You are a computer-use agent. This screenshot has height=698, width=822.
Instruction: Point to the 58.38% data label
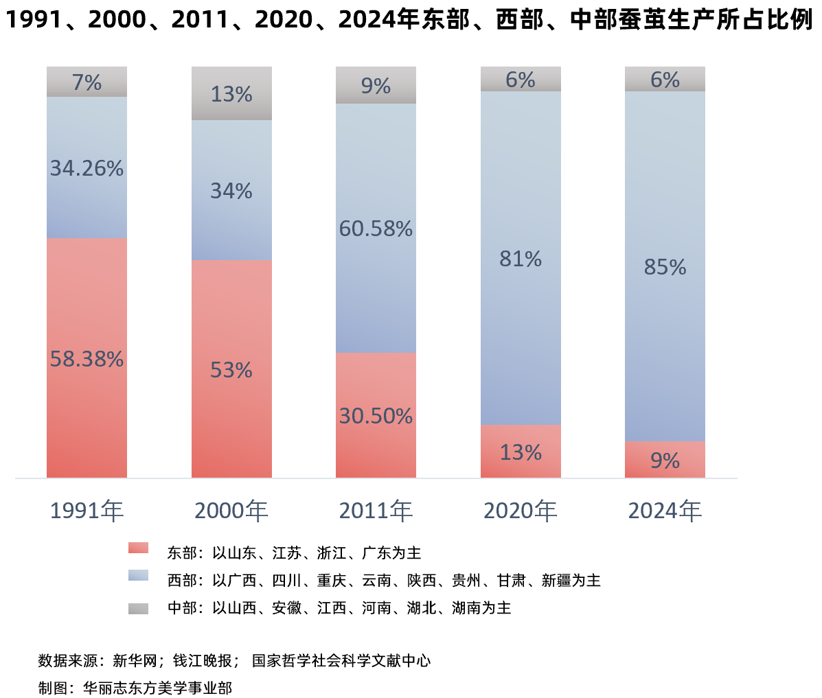point(87,359)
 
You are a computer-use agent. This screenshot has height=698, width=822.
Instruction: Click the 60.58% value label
point(376,229)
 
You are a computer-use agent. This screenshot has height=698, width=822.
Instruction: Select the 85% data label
point(665,268)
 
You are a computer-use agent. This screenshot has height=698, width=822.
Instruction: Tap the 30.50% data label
point(376,417)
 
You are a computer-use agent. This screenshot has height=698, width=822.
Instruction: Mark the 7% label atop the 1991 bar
point(87,83)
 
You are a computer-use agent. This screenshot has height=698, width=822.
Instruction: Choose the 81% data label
point(521,259)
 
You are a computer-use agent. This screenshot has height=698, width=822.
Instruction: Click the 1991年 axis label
point(87,511)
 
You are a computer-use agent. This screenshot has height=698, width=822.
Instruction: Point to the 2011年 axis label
point(376,511)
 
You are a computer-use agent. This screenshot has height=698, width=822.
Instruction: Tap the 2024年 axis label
point(665,511)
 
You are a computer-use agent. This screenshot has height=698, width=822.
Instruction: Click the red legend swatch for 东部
point(138,548)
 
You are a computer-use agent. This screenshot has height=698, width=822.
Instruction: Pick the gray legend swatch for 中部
point(138,609)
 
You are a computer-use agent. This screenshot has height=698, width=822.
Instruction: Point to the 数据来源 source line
point(234,661)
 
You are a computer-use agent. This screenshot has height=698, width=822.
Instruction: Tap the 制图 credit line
point(135,688)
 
